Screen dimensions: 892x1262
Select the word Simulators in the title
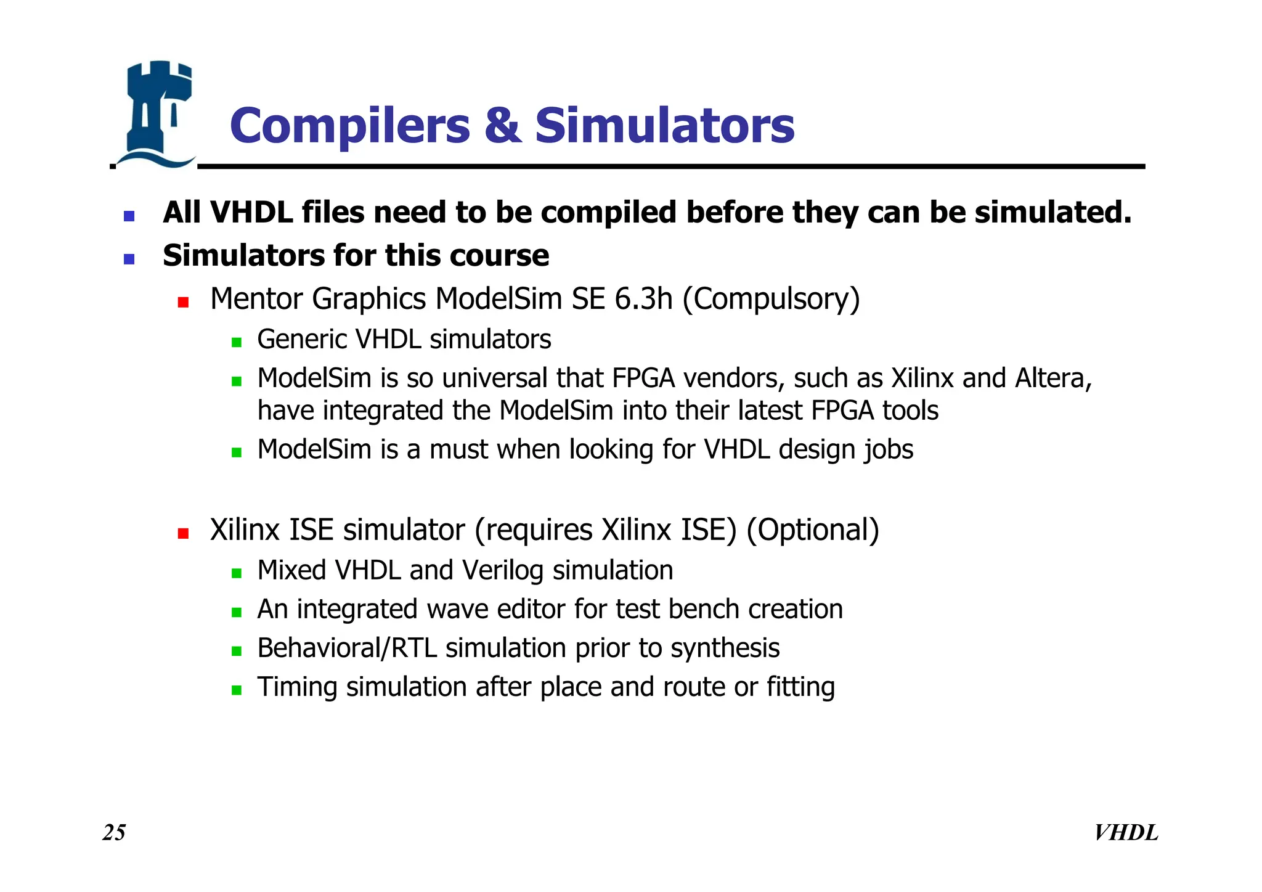(x=664, y=126)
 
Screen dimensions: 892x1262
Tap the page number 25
(x=114, y=832)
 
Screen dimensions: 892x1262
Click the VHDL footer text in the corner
(x=1126, y=832)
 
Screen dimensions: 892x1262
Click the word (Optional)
(x=813, y=530)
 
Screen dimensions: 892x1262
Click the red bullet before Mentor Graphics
(x=183, y=302)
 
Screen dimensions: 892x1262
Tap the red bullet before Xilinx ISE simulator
(x=183, y=533)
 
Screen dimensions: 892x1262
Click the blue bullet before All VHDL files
(x=129, y=216)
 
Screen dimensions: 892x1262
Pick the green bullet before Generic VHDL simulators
(x=237, y=342)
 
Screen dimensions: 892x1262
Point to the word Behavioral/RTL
(x=347, y=649)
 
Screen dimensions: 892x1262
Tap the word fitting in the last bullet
(x=800, y=687)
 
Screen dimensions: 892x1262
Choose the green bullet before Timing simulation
(x=237, y=690)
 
